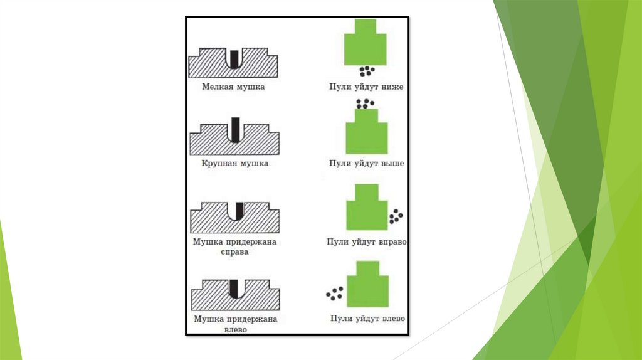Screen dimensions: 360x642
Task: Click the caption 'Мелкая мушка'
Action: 233,87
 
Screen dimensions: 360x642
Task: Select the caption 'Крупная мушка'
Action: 234,164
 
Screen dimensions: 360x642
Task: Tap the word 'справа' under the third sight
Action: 234,252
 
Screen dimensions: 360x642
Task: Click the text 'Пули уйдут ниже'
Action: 366,87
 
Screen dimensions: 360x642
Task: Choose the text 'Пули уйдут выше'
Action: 366,164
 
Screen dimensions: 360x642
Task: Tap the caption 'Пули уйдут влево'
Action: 367,319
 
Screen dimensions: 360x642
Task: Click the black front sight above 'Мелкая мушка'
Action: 234,58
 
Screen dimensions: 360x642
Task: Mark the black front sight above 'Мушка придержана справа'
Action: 239,210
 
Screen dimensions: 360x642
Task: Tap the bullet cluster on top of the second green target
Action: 364,103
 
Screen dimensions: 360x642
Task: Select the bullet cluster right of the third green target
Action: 396,217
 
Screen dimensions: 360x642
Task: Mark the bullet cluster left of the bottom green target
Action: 335,293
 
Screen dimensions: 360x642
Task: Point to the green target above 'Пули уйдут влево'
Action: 367,286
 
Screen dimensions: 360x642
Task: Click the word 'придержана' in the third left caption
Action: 253,241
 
